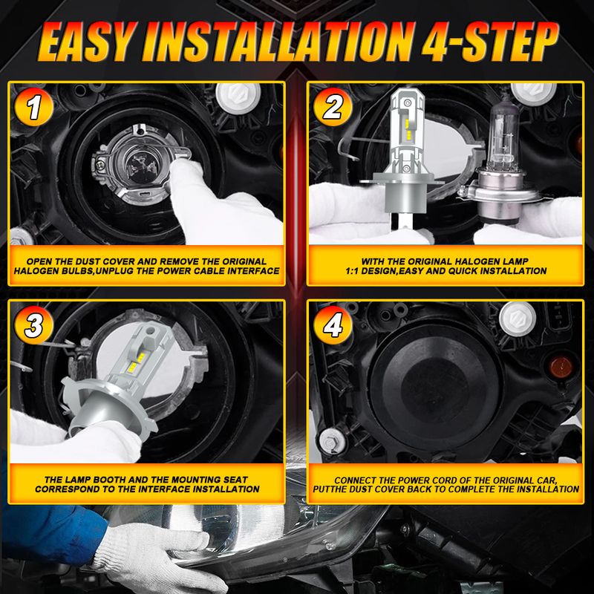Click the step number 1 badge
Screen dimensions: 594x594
(x=33, y=107)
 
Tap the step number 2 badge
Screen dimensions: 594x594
(x=333, y=107)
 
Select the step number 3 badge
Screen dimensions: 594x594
(x=33, y=325)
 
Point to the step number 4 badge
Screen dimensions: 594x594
(x=333, y=325)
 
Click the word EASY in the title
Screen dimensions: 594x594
(x=86, y=42)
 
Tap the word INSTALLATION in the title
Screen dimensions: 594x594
(x=278, y=42)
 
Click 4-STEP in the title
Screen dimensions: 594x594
(x=490, y=42)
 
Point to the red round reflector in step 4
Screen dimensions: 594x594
(x=561, y=368)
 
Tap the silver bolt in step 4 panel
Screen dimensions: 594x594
(x=332, y=441)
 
